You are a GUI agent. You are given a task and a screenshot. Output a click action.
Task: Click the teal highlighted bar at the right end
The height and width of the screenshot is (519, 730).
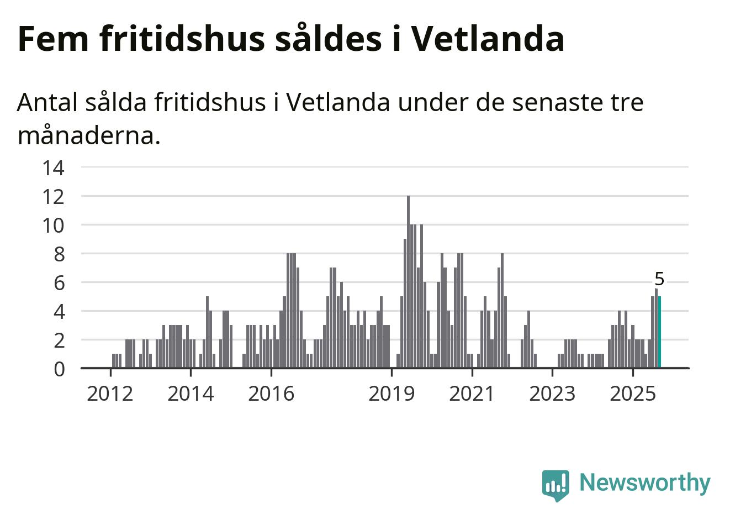pos(659,332)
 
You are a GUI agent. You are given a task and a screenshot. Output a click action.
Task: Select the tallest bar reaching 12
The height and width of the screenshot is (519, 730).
pos(408,282)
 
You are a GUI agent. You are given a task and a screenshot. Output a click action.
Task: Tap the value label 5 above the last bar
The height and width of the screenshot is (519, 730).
pos(659,279)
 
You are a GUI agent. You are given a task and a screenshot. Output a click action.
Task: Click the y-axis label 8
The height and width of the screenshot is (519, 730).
pos(59,254)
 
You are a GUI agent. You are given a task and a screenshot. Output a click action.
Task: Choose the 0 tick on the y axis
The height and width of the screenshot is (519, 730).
pos(59,369)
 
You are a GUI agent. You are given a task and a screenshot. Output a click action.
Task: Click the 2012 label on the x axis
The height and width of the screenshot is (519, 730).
pos(110,394)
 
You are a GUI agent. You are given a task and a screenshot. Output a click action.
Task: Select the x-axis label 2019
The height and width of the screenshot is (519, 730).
pos(391,394)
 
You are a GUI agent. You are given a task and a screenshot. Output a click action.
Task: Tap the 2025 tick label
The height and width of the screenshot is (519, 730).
pos(633,394)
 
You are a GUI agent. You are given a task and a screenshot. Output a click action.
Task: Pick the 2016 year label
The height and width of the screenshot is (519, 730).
pos(271,394)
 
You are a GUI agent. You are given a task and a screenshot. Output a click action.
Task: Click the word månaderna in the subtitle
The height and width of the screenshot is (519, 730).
pos(88,135)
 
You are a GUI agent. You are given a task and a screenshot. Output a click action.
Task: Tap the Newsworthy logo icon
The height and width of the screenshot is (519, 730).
pos(556,485)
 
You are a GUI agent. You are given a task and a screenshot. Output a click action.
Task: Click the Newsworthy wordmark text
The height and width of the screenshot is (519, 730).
pos(645,483)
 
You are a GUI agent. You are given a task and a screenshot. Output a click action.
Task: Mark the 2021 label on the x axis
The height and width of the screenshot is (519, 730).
pos(472,394)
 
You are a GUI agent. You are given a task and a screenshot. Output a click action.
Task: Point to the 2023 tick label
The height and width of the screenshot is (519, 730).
pos(552,394)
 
